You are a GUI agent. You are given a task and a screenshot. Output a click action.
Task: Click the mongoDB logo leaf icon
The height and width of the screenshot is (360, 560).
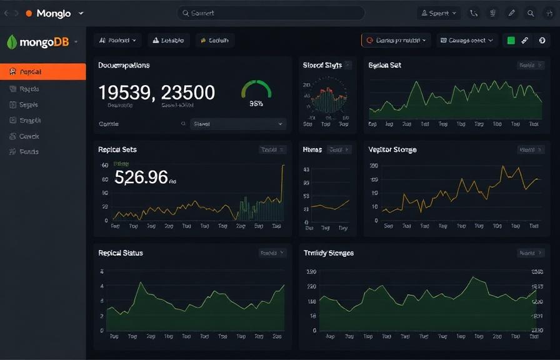click(11, 42)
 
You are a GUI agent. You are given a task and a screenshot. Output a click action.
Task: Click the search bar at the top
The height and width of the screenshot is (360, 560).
click(271, 13)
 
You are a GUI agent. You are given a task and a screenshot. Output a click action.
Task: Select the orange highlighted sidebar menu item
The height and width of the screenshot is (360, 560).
click(42, 72)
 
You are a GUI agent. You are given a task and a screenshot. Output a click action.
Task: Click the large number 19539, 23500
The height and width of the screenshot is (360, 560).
click(157, 92)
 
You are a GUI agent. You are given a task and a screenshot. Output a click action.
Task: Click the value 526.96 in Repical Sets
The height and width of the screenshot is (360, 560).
click(141, 177)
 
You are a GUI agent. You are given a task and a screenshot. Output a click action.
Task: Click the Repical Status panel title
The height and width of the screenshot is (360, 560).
click(121, 253)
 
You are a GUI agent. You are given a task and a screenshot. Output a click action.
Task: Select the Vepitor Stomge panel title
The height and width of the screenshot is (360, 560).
click(392, 150)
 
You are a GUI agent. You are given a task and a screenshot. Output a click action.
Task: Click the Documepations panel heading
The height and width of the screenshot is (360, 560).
click(124, 65)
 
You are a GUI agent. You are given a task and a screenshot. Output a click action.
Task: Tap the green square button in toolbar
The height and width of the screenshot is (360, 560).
click(511, 41)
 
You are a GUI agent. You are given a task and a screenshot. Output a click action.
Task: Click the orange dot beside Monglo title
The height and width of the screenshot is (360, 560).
click(29, 13)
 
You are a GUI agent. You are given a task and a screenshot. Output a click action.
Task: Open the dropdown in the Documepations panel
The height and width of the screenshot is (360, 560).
click(237, 124)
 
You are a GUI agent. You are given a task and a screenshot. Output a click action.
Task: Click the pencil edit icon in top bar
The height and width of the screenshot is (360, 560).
click(511, 13)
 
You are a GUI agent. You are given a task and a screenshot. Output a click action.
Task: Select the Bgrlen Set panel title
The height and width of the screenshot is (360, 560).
click(384, 65)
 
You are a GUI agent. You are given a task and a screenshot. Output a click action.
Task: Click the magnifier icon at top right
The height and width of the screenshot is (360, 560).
click(531, 13)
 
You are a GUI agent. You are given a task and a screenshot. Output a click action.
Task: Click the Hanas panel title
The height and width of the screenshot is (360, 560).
click(312, 150)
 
